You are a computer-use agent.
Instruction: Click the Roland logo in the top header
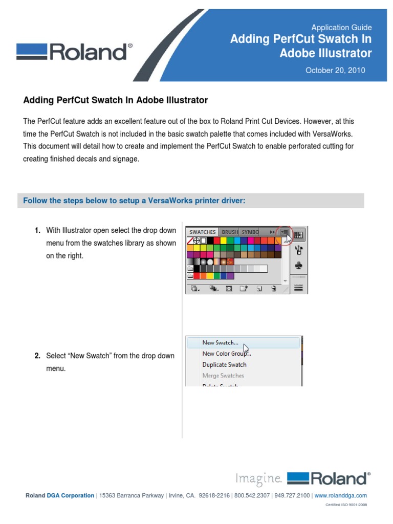pos(74,52)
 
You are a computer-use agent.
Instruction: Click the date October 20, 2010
pos(335,70)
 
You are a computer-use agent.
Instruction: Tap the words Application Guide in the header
pos(341,28)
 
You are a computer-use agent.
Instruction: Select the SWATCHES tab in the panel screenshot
pos(203,232)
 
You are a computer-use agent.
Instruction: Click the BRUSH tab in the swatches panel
pos(230,232)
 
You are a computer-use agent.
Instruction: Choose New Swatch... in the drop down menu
pos(220,343)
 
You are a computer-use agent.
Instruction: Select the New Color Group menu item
pos(226,354)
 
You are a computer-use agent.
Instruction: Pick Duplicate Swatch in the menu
pos(224,365)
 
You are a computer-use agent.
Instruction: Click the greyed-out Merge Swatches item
pos(223,376)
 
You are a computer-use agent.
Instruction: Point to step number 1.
pos(38,231)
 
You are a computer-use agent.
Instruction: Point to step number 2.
pos(38,356)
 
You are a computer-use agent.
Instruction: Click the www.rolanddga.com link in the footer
pos(340,495)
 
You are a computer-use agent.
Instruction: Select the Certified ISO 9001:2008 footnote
pos(346,505)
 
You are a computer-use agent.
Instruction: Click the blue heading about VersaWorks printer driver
pos(135,201)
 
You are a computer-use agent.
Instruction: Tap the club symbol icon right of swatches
pos(299,266)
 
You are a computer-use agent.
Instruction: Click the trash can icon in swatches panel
pos(274,289)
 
